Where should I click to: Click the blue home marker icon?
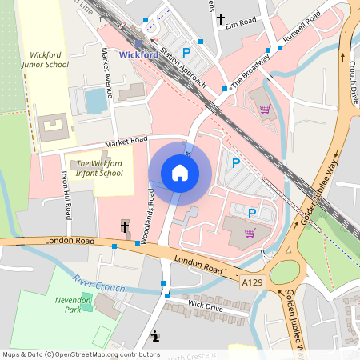point(180,173)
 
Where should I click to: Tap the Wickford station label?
point(138,55)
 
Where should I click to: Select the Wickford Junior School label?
point(44,60)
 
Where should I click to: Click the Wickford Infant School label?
point(100,168)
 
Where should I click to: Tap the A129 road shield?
point(251,282)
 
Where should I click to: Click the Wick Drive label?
point(204,306)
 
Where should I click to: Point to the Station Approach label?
point(182,70)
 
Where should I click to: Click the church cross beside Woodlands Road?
point(125,226)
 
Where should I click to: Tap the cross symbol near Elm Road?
point(221,19)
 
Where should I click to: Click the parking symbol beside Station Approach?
point(186,53)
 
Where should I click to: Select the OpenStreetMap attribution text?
point(81,354)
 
